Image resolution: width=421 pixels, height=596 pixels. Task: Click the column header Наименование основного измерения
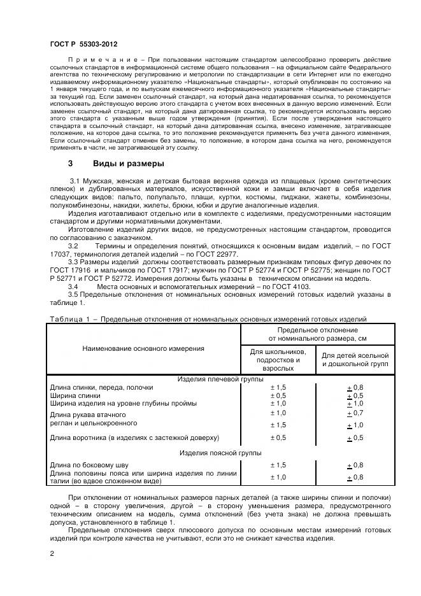pyautogui.click(x=143, y=348)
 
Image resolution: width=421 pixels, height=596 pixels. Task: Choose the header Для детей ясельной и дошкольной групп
pyautogui.click(x=355, y=360)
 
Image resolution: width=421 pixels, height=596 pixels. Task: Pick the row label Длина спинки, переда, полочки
pyautogui.click(x=102, y=387)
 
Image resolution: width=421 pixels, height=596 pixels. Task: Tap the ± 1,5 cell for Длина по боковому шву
pyautogui.click(x=278, y=465)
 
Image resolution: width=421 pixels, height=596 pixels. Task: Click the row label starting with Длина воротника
pyautogui.click(x=134, y=437)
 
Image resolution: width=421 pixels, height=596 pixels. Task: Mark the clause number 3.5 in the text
pyautogui.click(x=73, y=295)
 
